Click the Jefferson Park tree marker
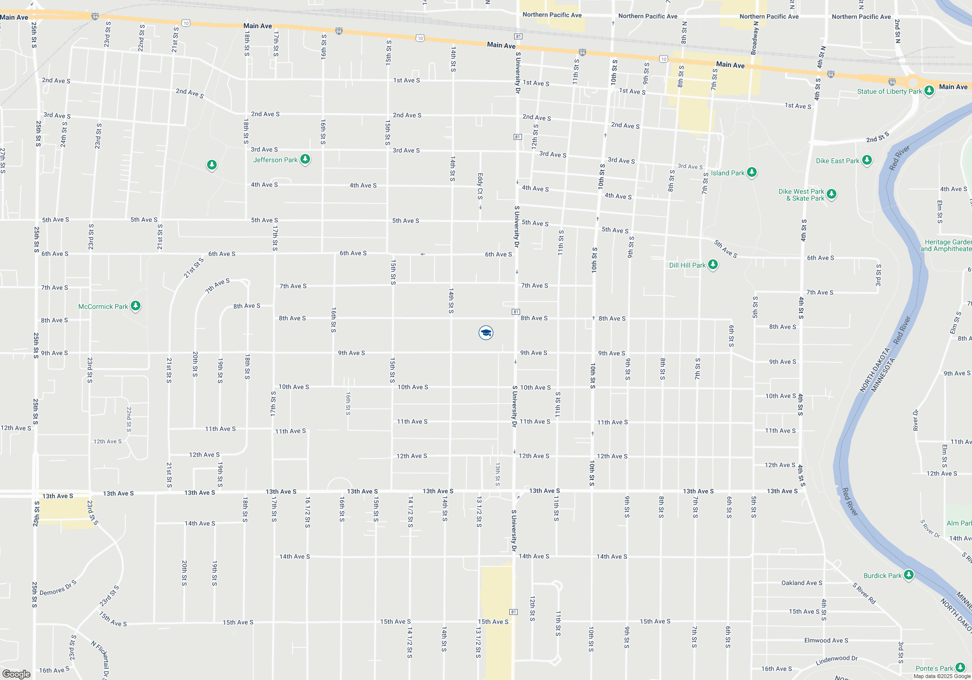point(305,159)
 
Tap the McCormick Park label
point(103,306)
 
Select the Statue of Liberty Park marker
point(929,91)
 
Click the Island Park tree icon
point(751,172)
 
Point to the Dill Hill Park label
point(687,265)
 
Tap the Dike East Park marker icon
point(867,160)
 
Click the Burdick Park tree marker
point(909,575)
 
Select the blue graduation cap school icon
point(486,333)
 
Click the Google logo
point(17,674)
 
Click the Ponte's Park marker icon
point(960,668)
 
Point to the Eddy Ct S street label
point(480,187)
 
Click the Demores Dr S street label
point(58,588)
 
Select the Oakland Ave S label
point(802,583)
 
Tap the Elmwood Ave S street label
point(826,641)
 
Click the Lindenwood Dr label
point(836,660)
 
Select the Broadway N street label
point(754,38)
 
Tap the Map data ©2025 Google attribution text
point(942,676)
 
